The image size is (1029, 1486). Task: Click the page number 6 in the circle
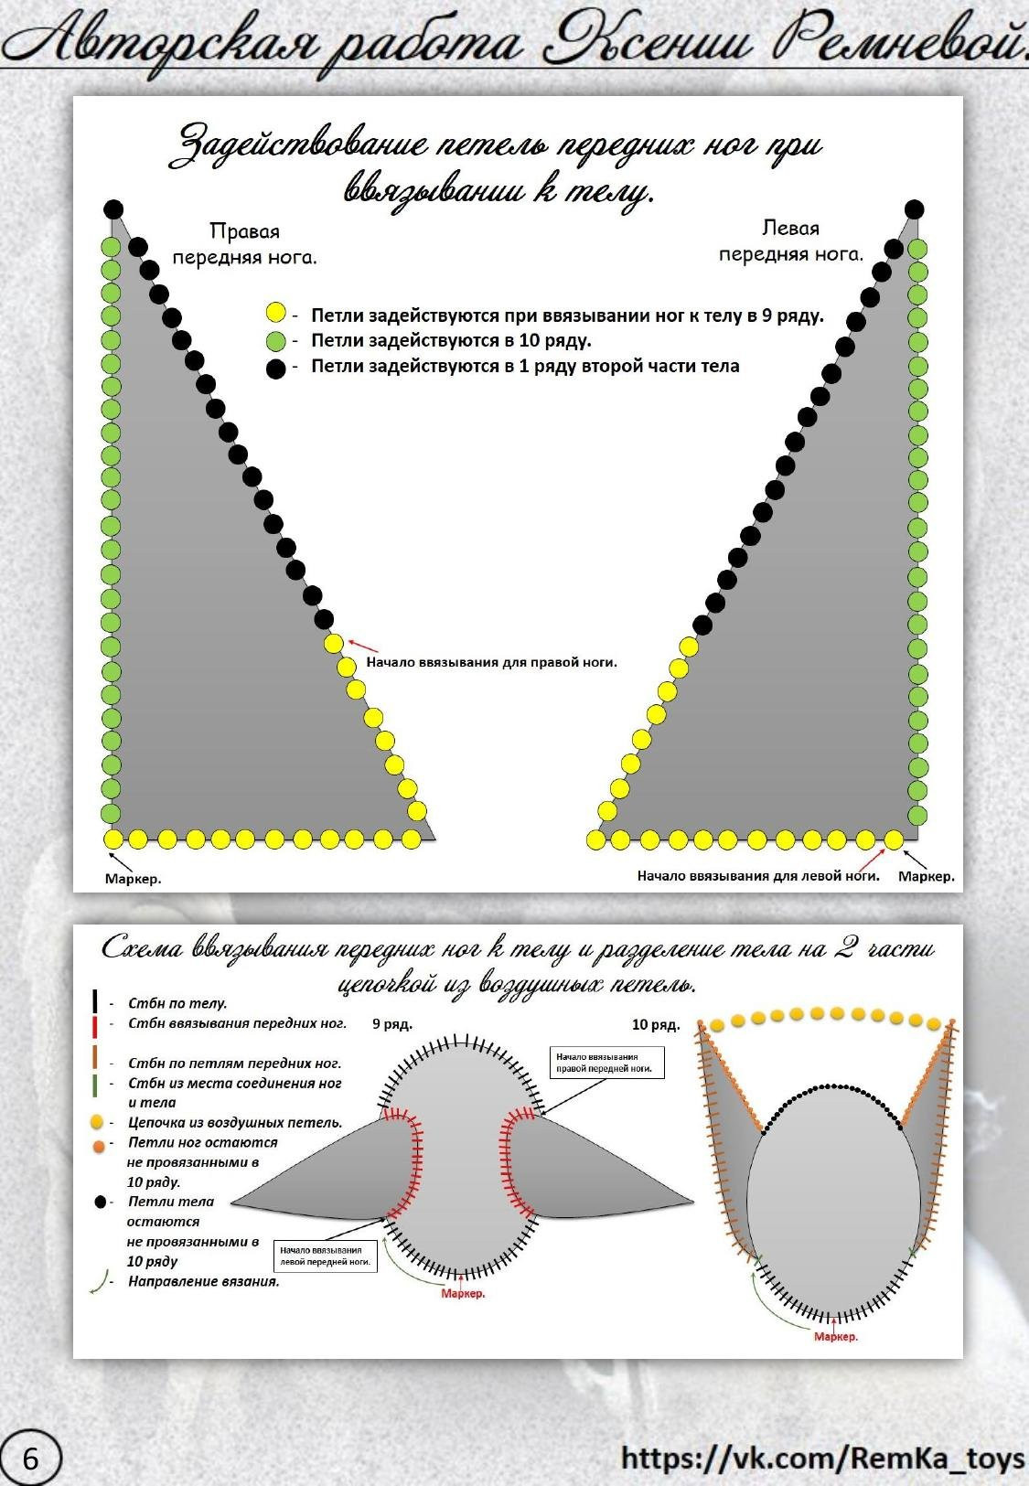(x=30, y=1458)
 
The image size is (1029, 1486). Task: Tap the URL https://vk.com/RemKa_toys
(x=822, y=1458)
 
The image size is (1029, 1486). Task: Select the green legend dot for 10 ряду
(x=276, y=341)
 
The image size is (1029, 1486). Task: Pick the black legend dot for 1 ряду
(x=276, y=369)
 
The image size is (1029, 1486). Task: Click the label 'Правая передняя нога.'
(x=244, y=244)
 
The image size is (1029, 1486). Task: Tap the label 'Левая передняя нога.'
(x=790, y=241)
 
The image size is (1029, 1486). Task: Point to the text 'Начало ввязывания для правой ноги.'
(x=491, y=662)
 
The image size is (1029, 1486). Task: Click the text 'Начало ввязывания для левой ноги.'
(x=758, y=876)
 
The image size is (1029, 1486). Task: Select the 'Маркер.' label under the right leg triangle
(x=133, y=879)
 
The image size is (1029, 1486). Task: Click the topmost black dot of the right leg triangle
(x=113, y=209)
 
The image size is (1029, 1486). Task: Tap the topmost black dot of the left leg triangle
(x=914, y=209)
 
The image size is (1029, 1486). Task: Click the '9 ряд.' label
(x=392, y=1024)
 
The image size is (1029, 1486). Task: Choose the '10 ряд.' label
(x=656, y=1024)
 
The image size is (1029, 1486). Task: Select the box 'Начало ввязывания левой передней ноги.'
(x=326, y=1256)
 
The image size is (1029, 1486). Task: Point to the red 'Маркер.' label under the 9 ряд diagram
(x=463, y=1294)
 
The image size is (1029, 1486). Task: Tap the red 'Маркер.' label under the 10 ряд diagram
(x=836, y=1337)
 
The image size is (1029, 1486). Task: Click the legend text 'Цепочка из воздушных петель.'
(x=235, y=1122)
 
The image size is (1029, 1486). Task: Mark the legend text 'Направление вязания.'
(x=203, y=1281)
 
